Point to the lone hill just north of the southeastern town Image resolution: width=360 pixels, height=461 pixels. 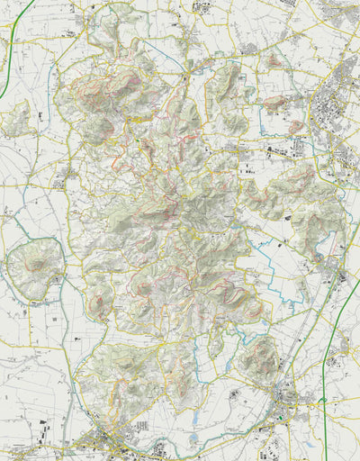coord(261,358)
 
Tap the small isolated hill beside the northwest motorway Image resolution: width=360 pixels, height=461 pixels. coord(20,117)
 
